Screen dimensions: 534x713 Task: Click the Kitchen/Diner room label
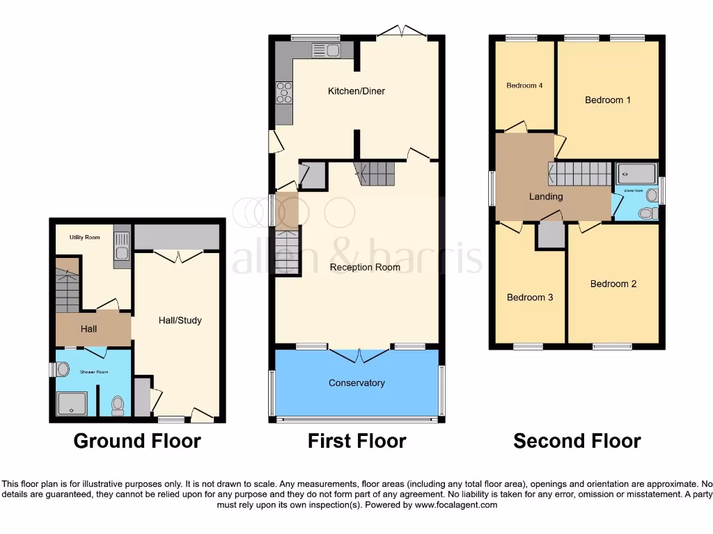coord(356,91)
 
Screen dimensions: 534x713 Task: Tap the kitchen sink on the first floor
coord(325,49)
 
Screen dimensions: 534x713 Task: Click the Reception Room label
coord(365,267)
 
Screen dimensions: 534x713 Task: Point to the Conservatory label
coord(356,383)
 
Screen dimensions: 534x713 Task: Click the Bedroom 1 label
coord(608,100)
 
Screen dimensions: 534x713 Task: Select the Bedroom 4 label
coord(524,86)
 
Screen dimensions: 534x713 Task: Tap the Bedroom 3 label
coord(530,298)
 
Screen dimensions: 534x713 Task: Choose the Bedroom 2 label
coord(613,284)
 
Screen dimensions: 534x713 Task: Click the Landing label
coord(546,197)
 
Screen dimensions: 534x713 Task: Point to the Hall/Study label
coord(180,321)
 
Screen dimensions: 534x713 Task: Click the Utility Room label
coord(84,238)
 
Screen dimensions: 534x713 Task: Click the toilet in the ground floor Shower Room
coord(117,405)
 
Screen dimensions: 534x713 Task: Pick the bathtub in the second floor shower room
coord(635,174)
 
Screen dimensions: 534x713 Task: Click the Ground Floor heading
coord(137,441)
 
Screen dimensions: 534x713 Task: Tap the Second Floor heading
coord(577,441)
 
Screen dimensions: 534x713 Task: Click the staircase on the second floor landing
coord(579,174)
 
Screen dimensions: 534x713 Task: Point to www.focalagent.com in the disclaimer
coord(455,505)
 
